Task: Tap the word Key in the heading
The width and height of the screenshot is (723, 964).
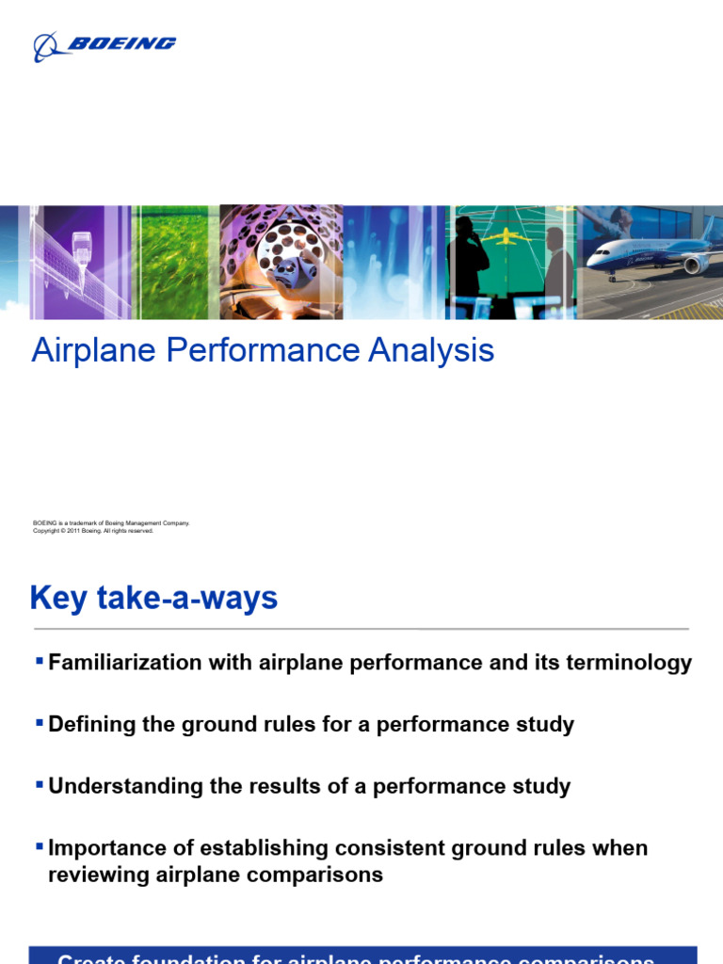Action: click(59, 598)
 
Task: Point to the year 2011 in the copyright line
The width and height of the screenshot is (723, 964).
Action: click(72, 531)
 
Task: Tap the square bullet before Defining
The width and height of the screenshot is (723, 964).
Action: click(39, 723)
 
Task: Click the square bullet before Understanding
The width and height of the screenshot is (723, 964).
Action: click(39, 784)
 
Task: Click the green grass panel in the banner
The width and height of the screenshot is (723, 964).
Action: click(175, 262)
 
